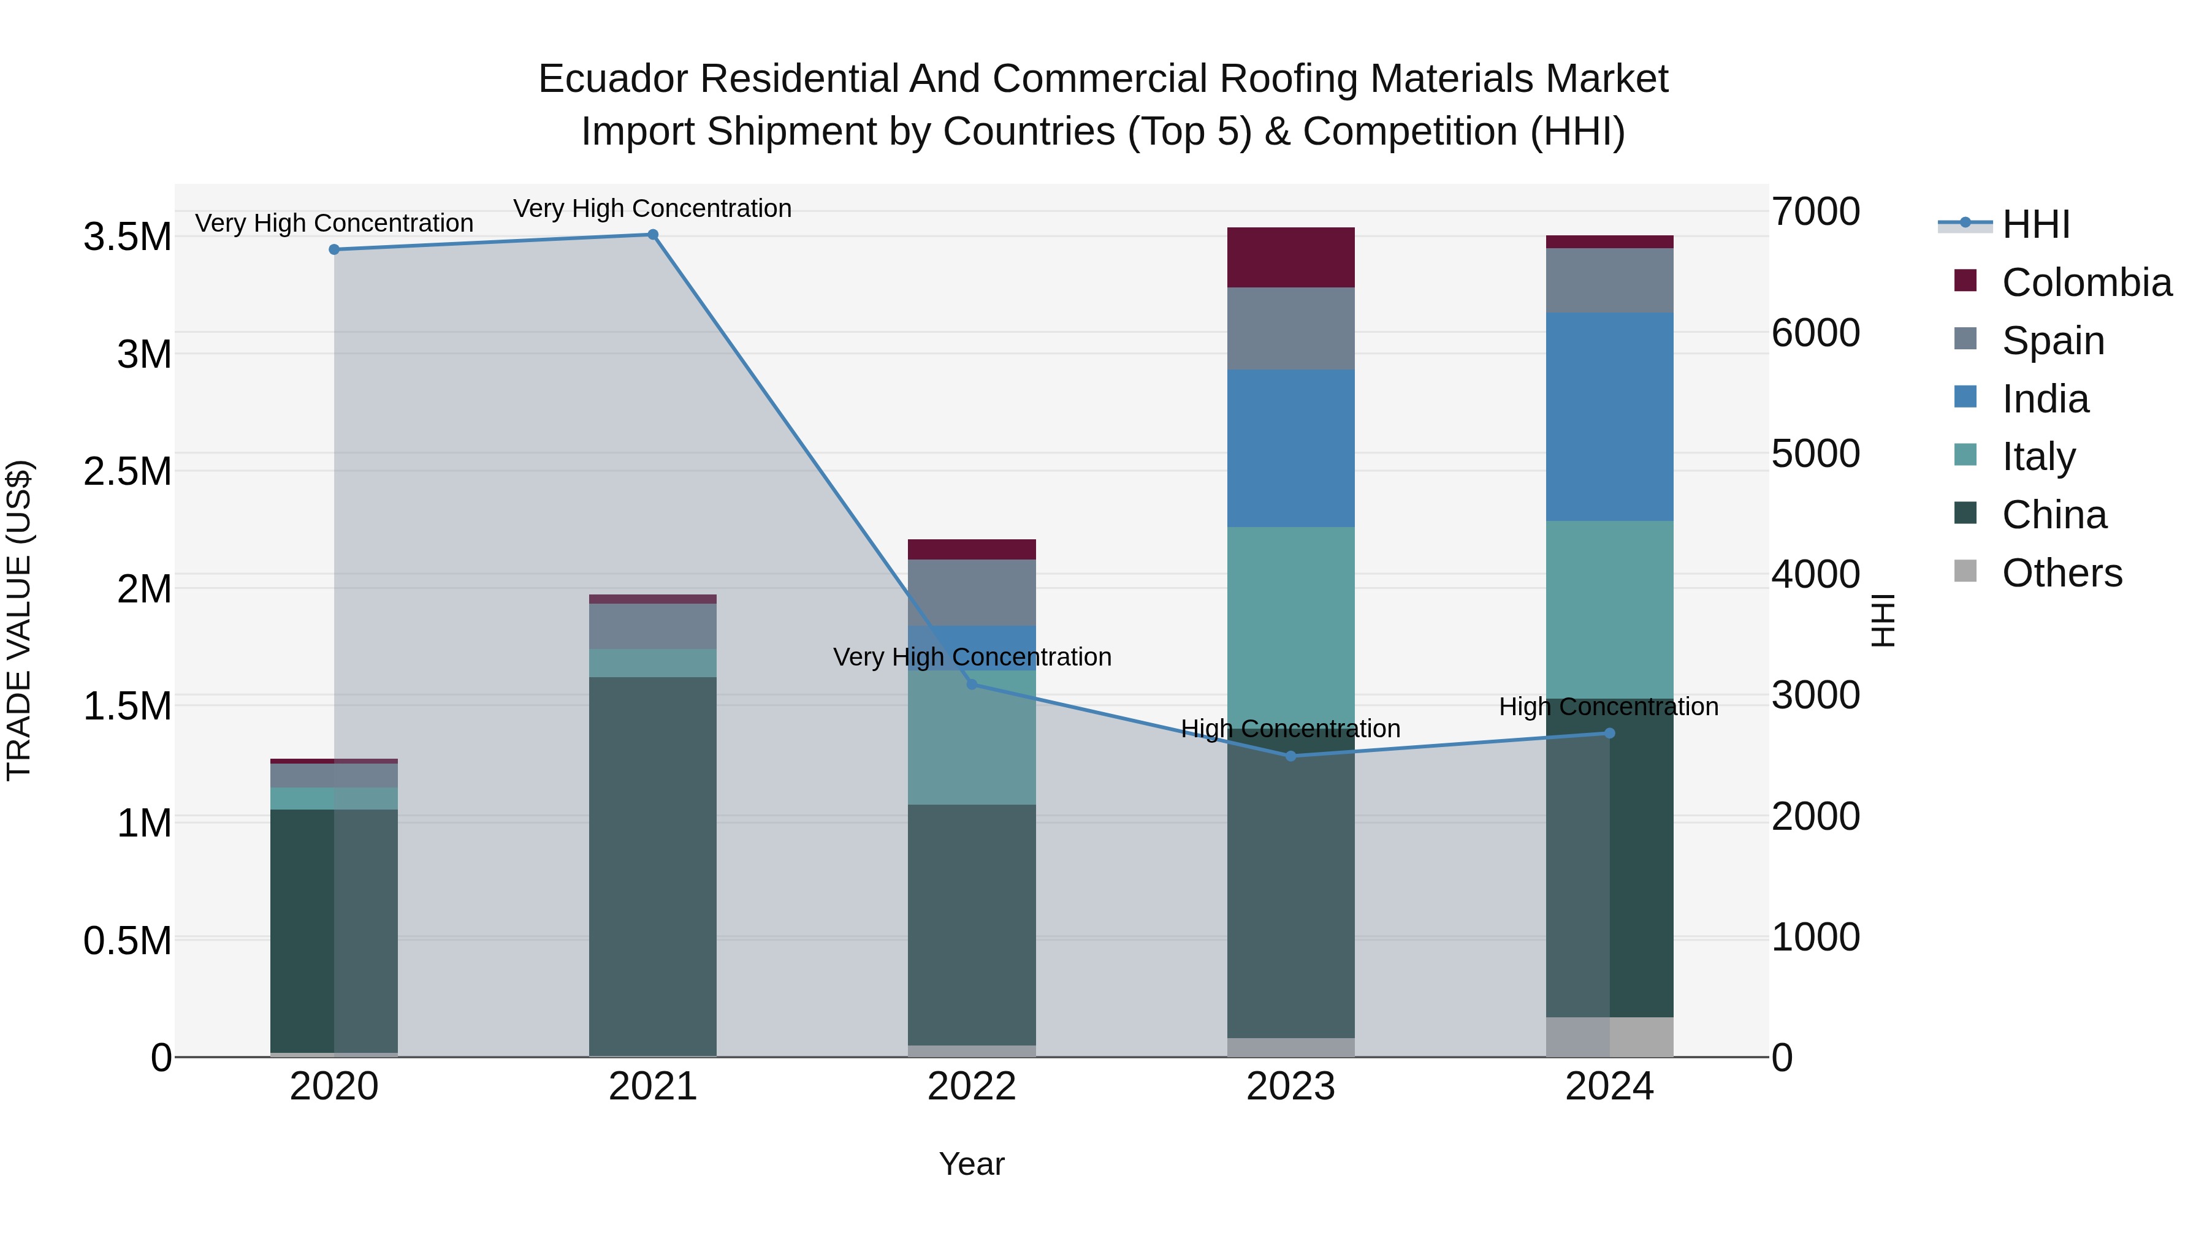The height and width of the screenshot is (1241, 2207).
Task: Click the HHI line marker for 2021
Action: (x=653, y=235)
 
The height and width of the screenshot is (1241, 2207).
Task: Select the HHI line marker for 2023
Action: (x=1291, y=756)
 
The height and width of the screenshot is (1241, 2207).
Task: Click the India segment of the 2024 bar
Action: (x=1609, y=417)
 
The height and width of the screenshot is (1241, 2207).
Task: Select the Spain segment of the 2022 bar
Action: (x=972, y=593)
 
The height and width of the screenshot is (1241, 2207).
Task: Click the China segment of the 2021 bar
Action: (x=653, y=865)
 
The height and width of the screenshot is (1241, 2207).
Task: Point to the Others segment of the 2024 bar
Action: (x=1609, y=1037)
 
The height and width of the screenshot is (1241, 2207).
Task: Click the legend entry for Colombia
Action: (x=2086, y=283)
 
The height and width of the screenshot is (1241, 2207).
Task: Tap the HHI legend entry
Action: (x=2035, y=224)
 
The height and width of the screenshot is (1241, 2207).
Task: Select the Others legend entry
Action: (x=2060, y=573)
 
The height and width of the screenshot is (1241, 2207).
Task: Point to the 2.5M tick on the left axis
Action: (x=127, y=472)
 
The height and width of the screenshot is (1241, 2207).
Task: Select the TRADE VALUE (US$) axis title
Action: (x=19, y=620)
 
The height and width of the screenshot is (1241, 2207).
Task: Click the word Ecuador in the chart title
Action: (x=612, y=80)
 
